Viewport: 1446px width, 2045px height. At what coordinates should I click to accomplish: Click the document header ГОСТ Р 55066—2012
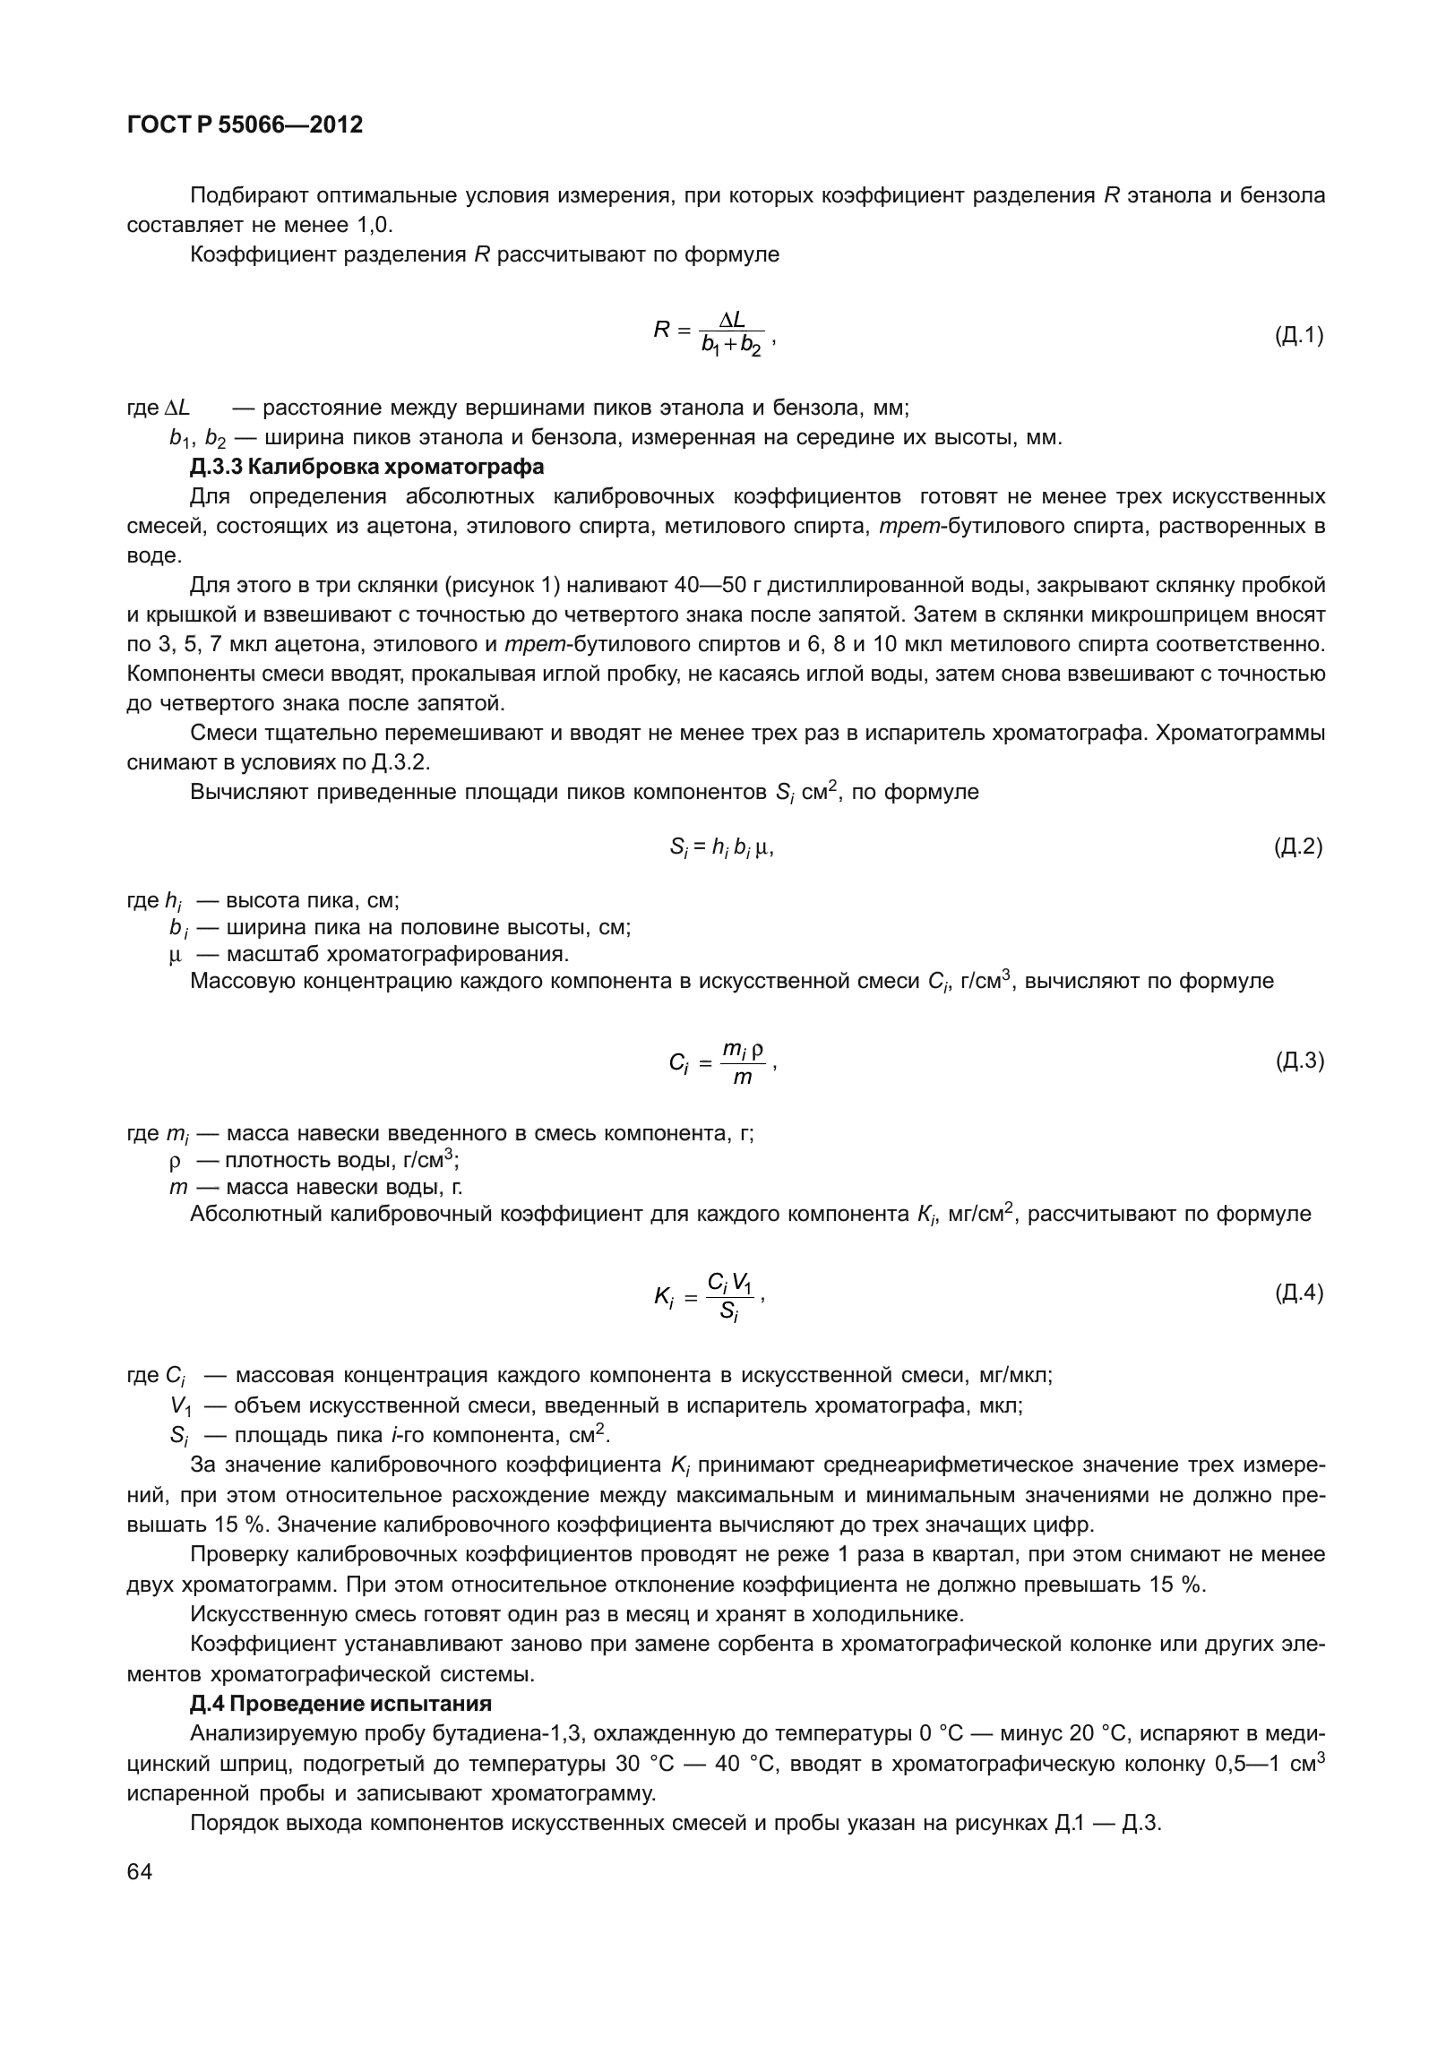click(245, 125)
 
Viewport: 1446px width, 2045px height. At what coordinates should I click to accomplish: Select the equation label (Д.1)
click(1298, 336)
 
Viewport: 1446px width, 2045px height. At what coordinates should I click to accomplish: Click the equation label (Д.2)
click(1298, 846)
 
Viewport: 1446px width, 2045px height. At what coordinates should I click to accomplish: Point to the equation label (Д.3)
click(1298, 1061)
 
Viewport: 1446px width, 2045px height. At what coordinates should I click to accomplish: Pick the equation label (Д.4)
click(1298, 1293)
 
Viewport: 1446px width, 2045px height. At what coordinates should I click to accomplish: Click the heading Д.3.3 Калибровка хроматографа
click(366, 467)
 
